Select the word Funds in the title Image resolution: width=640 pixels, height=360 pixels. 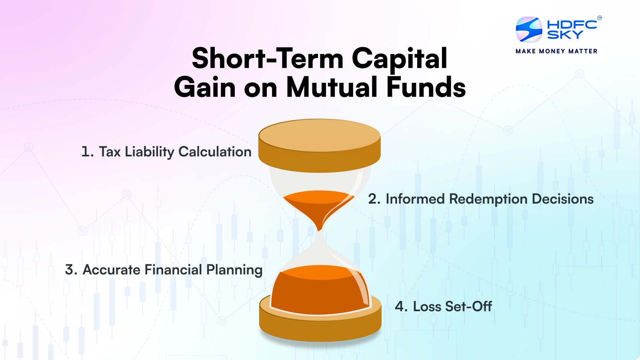426,87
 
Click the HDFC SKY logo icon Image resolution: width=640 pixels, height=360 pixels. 529,30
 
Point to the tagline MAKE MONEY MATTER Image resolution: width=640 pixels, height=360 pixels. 556,51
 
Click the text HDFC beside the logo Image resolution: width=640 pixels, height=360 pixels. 572,24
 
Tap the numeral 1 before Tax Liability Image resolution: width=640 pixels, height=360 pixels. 86,152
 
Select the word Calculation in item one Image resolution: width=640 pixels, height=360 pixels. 215,152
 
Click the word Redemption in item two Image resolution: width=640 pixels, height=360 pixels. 488,199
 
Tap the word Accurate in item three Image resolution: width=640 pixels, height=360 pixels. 111,270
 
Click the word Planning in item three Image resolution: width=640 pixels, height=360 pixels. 234,270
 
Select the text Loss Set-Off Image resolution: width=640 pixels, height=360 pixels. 452,307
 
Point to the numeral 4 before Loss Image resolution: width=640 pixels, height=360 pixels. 400,307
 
